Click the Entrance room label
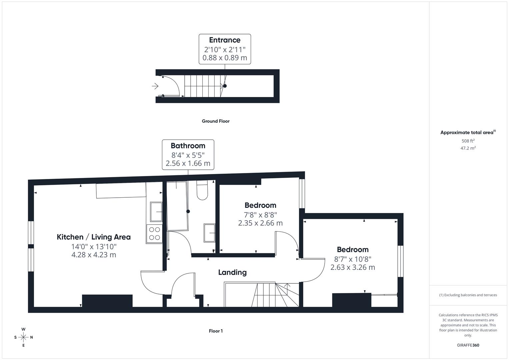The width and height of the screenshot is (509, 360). pyautogui.click(x=225, y=40)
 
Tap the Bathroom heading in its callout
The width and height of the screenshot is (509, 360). pyautogui.click(x=188, y=146)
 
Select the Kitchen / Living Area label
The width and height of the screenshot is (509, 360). pyautogui.click(x=94, y=237)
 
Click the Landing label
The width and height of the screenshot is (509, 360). pyautogui.click(x=232, y=272)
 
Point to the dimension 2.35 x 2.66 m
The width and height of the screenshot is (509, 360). pyautogui.click(x=260, y=223)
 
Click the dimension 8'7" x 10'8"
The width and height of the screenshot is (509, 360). pyautogui.click(x=353, y=259)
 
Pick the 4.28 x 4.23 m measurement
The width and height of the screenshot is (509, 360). pyautogui.click(x=94, y=255)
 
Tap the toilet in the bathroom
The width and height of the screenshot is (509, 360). pyautogui.click(x=202, y=190)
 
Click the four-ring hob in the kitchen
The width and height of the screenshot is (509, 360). pyautogui.click(x=155, y=234)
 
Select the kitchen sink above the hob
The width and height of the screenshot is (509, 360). pyautogui.click(x=156, y=212)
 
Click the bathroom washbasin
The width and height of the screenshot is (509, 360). pyautogui.click(x=209, y=233)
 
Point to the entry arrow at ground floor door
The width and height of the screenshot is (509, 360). pyautogui.click(x=155, y=86)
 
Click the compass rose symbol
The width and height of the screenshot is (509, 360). pyautogui.click(x=23, y=337)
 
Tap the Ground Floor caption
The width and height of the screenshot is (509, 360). pyautogui.click(x=216, y=121)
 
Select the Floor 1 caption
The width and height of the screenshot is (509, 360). pyautogui.click(x=216, y=331)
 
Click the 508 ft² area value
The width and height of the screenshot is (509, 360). pyautogui.click(x=468, y=141)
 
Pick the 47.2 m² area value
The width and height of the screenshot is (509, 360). pyautogui.click(x=468, y=148)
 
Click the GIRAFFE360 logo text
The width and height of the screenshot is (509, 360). pyautogui.click(x=468, y=345)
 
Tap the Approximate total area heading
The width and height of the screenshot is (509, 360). pyautogui.click(x=468, y=132)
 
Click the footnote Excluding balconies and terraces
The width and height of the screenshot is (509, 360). pyautogui.click(x=468, y=295)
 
